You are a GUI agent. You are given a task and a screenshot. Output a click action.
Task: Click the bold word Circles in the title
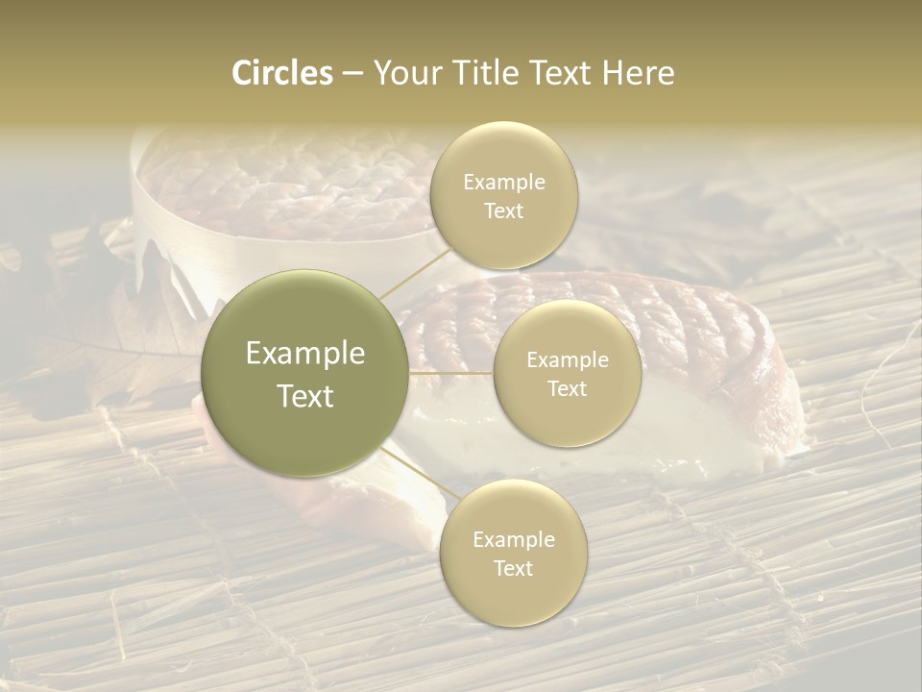click(281, 73)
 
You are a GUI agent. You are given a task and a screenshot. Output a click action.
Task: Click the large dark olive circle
click(304, 373)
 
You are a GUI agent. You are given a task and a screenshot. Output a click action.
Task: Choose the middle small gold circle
click(567, 373)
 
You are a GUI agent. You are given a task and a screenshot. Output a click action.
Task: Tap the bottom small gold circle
click(513, 553)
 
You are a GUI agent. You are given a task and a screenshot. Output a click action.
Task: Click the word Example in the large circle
click(304, 354)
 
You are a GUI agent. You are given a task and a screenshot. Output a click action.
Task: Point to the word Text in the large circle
click(304, 396)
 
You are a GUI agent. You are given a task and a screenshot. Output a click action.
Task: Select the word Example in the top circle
click(503, 182)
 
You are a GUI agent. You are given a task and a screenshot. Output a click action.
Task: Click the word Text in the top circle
click(503, 210)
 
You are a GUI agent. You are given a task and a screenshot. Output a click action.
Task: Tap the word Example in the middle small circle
click(567, 359)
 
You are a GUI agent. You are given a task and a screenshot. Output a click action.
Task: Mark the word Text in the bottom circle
click(513, 568)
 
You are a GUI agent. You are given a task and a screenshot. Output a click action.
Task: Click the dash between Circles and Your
click(352, 74)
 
